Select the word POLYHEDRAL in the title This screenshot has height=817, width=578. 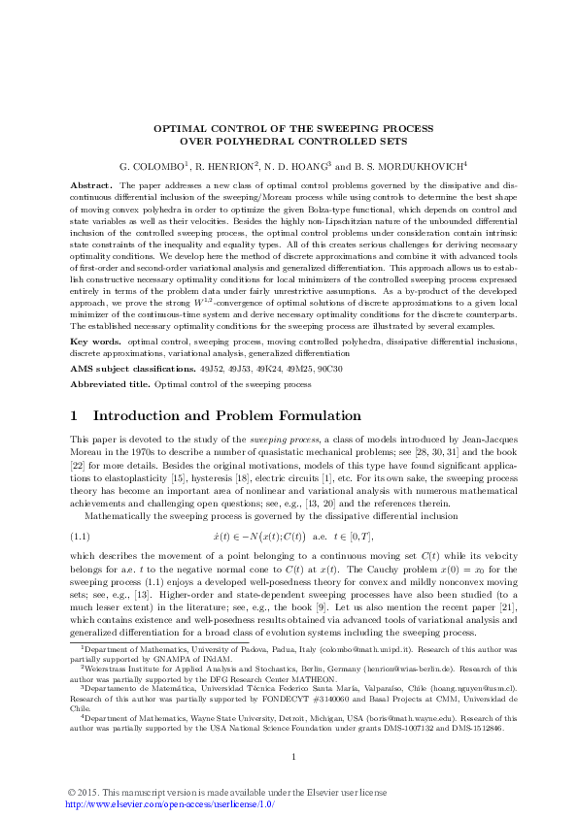[x=247, y=140]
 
